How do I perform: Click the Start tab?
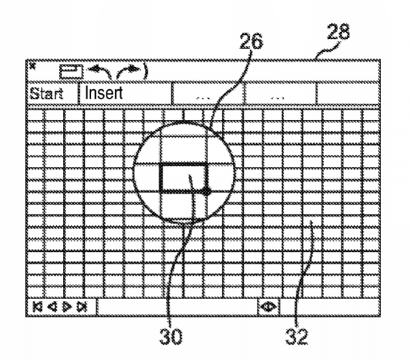click(x=47, y=93)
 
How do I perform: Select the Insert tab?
click(x=104, y=93)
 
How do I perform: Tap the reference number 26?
click(x=251, y=41)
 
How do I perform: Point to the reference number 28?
click(x=338, y=32)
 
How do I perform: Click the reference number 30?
click(x=170, y=336)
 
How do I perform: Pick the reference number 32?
click(x=297, y=336)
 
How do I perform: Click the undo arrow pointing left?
click(x=100, y=72)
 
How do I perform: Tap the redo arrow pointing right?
click(x=128, y=72)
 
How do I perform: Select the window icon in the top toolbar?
click(x=71, y=71)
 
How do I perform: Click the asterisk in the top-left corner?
click(x=32, y=66)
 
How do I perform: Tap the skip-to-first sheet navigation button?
click(x=37, y=307)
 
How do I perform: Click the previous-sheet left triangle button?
click(x=53, y=307)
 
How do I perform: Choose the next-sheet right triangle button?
click(x=67, y=307)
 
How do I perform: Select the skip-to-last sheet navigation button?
click(x=82, y=307)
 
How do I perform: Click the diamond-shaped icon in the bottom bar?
click(x=268, y=306)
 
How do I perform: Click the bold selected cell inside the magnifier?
click(x=183, y=179)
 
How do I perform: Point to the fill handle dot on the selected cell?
click(x=207, y=192)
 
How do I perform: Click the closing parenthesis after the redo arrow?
click(x=145, y=71)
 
